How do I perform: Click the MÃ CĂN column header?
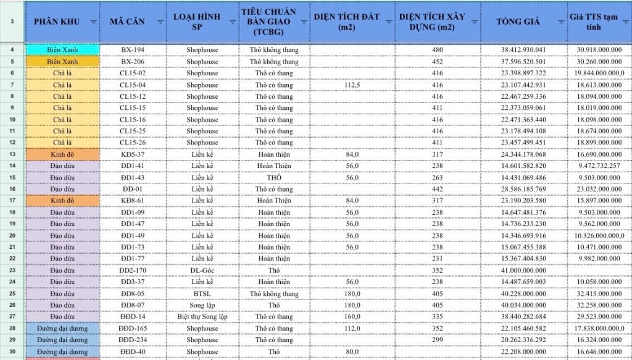click(x=127, y=22)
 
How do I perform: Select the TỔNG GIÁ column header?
click(x=518, y=22)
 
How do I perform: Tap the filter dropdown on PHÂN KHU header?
click(x=93, y=22)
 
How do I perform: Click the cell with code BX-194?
click(x=133, y=49)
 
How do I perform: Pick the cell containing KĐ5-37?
click(x=133, y=154)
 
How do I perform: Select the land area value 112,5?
click(x=352, y=85)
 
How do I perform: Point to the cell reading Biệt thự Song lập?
click(x=202, y=317)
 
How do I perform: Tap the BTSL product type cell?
click(x=202, y=293)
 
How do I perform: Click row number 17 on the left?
click(x=13, y=201)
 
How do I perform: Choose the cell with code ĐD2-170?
click(x=133, y=270)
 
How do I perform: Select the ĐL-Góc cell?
click(x=202, y=270)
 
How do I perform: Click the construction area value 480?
click(x=438, y=49)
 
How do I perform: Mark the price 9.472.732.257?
click(x=598, y=166)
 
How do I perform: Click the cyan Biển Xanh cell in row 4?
click(x=62, y=49)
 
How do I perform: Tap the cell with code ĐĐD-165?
click(x=133, y=329)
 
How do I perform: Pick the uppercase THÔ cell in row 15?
click(x=274, y=178)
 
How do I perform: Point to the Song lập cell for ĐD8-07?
click(x=202, y=305)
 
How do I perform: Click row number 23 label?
click(x=13, y=270)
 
